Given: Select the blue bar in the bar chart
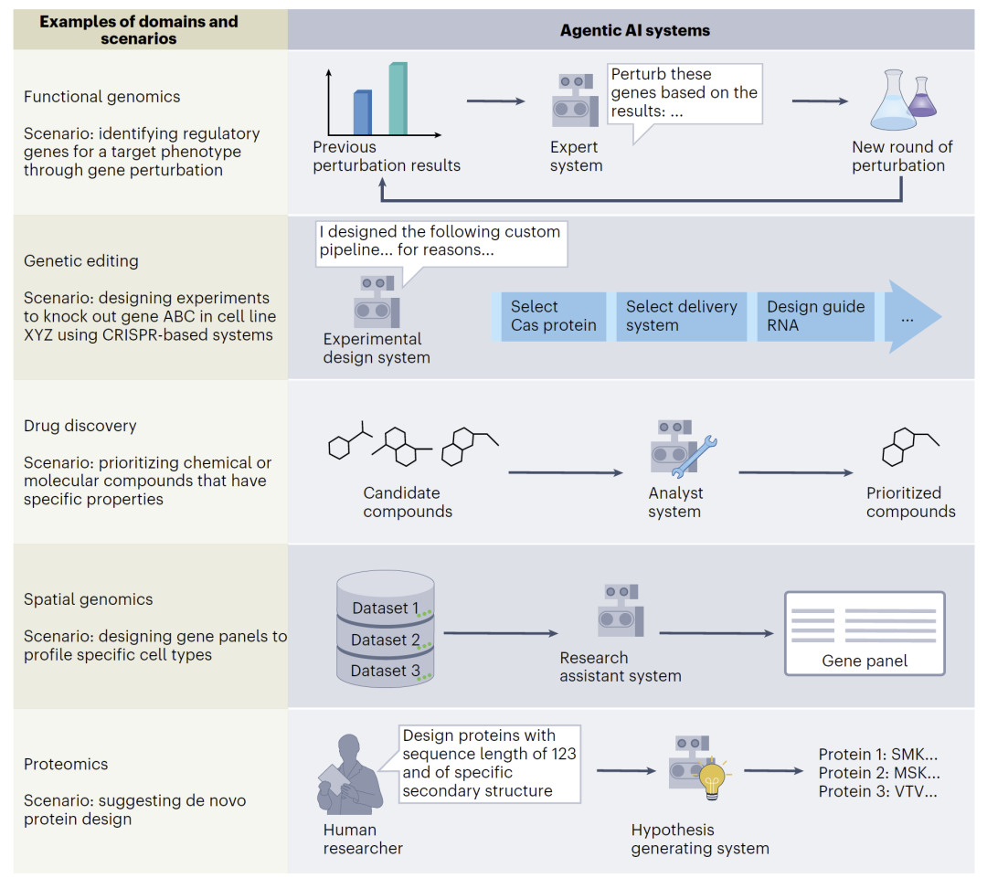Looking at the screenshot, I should [x=363, y=112].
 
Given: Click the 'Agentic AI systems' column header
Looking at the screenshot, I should [x=634, y=30].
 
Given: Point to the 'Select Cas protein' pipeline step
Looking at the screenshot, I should [x=553, y=316].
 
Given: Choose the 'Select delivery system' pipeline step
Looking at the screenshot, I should [x=681, y=316].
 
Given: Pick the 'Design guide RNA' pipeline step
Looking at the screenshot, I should [x=815, y=316].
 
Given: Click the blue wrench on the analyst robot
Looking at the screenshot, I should [x=696, y=457].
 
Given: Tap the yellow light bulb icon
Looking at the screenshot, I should [x=712, y=778].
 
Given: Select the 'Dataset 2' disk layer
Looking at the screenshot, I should [x=385, y=640].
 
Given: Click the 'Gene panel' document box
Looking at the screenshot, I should [x=864, y=633].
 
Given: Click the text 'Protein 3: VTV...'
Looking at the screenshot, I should [x=877, y=791].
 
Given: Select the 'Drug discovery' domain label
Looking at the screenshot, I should [x=80, y=426].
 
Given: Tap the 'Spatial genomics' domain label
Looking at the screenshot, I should [x=89, y=599].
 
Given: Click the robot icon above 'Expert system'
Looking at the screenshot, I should [x=576, y=101].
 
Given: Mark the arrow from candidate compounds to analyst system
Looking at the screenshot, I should [x=566, y=472].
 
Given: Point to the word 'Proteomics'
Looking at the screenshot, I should [x=66, y=764].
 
